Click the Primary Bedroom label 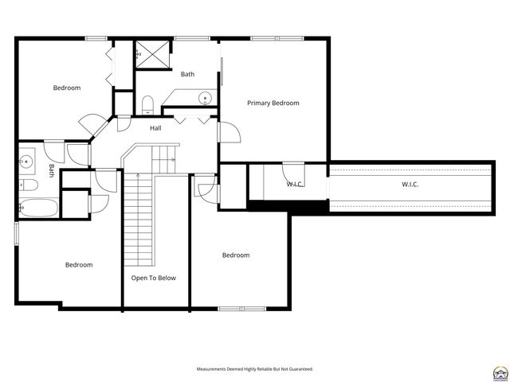point(273,103)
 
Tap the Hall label point(155,127)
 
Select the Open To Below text point(154,278)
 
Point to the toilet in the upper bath point(147,103)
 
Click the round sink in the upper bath point(205,99)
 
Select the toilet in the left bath point(29,185)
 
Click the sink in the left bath point(26,162)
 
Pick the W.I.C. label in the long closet point(410,185)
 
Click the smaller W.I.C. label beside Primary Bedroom point(295,185)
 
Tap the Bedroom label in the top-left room point(67,88)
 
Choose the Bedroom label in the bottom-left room point(79,264)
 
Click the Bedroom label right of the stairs point(236,255)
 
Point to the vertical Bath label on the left point(51,170)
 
